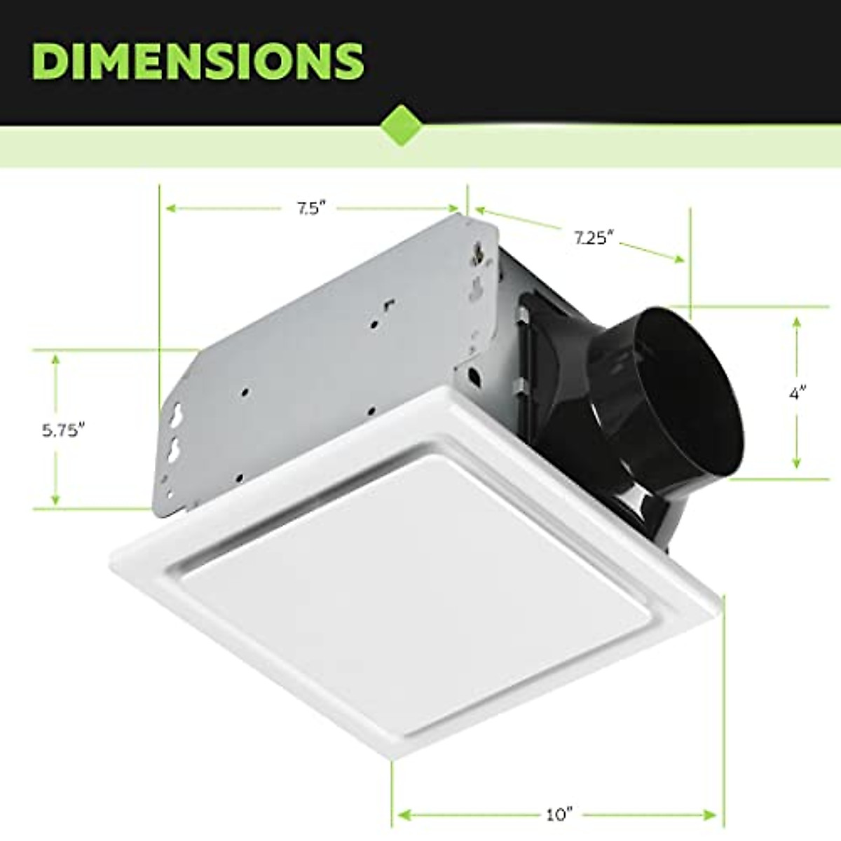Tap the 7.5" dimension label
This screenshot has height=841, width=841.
coord(308,209)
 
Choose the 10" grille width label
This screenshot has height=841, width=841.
coord(559,816)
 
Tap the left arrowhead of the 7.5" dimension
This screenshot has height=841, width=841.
coord(169,208)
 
